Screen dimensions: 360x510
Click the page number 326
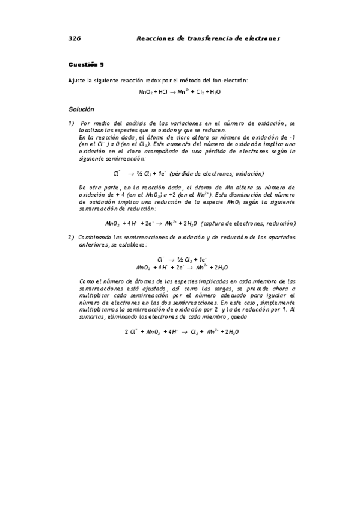[75, 38]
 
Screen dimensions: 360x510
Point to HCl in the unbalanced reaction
[163, 93]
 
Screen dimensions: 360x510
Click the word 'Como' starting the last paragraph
[86, 281]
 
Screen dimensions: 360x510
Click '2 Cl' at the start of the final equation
[130, 331]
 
